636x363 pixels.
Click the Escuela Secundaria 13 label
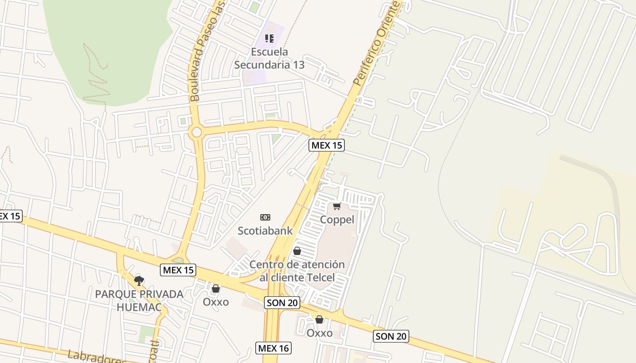(x=269, y=58)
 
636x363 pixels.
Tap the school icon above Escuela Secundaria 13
(x=269, y=39)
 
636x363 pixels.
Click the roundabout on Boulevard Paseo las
(x=197, y=132)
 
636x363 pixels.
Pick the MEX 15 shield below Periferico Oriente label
(x=326, y=145)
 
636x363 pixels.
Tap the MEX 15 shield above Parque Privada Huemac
(x=179, y=270)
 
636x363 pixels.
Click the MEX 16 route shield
(x=273, y=348)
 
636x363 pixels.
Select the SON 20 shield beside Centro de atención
(x=282, y=303)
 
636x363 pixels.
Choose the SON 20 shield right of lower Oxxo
(x=391, y=336)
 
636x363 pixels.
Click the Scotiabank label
(x=265, y=231)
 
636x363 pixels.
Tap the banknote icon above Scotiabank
(x=265, y=217)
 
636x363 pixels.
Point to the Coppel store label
(x=337, y=220)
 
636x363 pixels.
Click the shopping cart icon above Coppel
(x=337, y=206)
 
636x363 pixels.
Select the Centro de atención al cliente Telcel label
(x=297, y=271)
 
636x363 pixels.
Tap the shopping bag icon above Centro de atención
(x=297, y=251)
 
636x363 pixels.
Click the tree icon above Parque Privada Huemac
(x=139, y=280)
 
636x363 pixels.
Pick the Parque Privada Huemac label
(x=139, y=300)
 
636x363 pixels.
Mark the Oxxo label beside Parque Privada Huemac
(x=216, y=302)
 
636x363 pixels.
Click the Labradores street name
(x=96, y=357)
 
